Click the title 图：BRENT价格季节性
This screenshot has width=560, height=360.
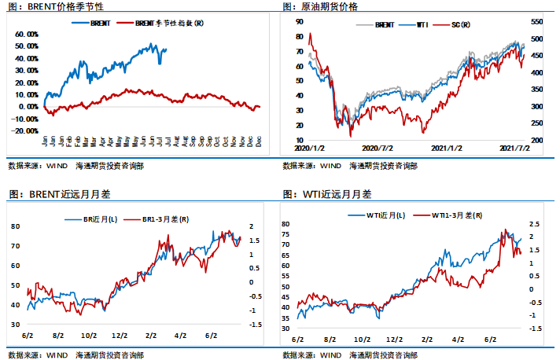coord(53,6)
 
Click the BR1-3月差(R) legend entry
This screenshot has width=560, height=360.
coord(161,219)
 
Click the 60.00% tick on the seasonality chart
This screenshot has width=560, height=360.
coord(27,35)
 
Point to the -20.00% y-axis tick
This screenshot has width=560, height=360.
coord(25,130)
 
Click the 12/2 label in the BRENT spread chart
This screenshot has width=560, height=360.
coord(119,335)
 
